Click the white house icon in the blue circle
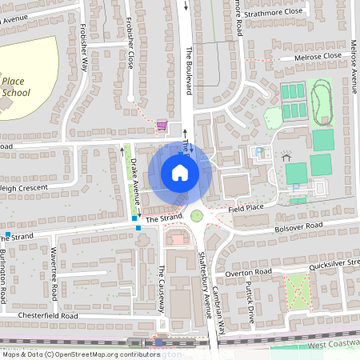(179, 173)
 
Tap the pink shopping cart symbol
(162, 126)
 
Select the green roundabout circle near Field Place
(197, 215)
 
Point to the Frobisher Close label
(129, 51)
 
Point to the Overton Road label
(249, 273)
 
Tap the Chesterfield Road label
(50, 316)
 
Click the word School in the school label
(15, 92)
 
